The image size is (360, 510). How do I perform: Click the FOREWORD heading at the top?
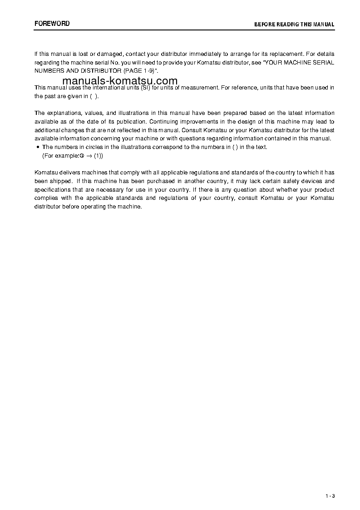pyautogui.click(x=52, y=24)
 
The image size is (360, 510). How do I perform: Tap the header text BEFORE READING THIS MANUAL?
pyautogui.click(x=294, y=25)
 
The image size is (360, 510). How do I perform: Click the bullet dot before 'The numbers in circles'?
pyautogui.click(x=37, y=147)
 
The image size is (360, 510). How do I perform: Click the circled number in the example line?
pyautogui.click(x=83, y=156)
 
